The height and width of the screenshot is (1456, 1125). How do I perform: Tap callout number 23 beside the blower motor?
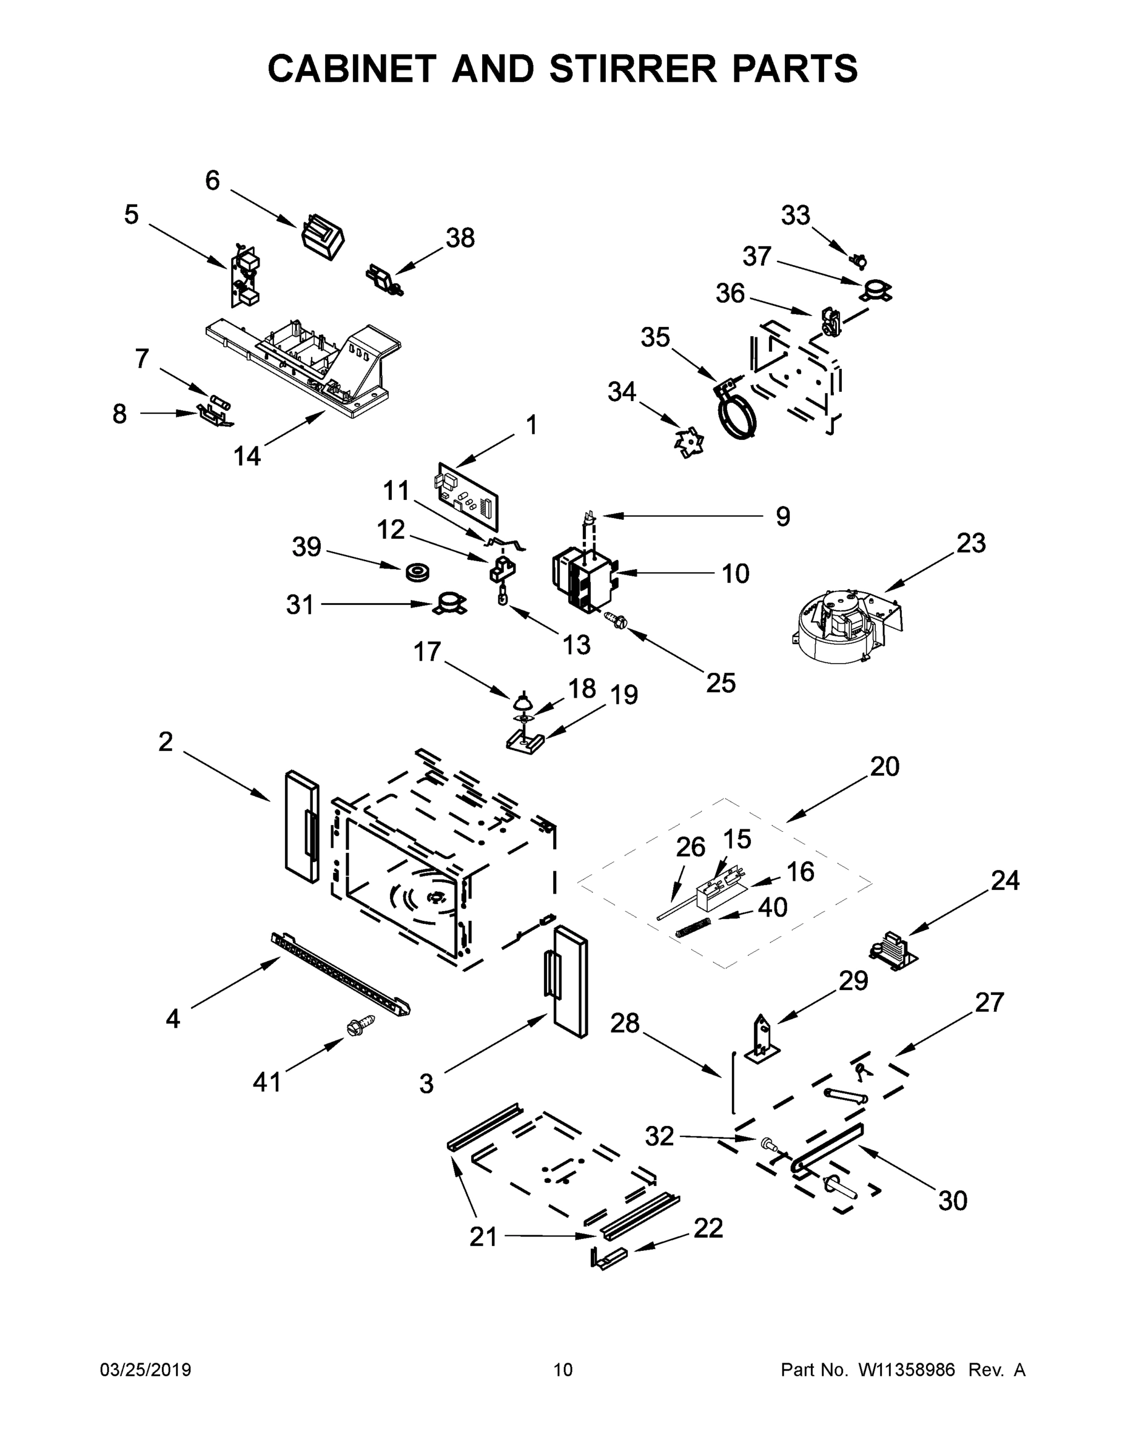[x=970, y=544]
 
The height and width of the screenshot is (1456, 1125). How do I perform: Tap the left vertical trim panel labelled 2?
[x=301, y=827]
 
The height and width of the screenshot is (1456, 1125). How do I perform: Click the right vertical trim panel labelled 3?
[x=571, y=980]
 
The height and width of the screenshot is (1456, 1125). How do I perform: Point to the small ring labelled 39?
[x=417, y=572]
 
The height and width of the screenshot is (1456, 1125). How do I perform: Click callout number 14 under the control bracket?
[x=247, y=456]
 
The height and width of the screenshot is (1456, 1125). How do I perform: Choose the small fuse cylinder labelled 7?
[x=220, y=402]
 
